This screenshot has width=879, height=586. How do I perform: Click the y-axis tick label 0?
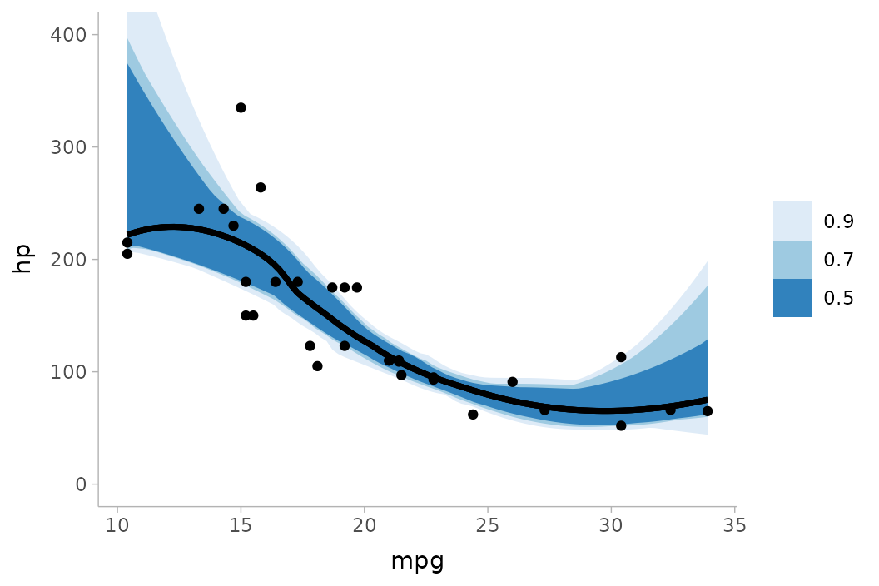pos(81,484)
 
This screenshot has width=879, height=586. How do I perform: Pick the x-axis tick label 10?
pos(117,525)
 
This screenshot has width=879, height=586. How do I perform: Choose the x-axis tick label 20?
pos(364,525)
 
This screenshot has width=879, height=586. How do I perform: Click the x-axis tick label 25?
pos(488,525)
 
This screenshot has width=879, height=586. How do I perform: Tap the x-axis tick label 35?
pos(734,525)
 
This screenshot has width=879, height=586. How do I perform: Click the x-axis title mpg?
pos(417,561)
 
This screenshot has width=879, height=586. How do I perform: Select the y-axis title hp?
pos(22,259)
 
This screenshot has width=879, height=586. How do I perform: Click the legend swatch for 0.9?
pos(792,221)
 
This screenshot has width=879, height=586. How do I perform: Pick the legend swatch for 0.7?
pos(792,260)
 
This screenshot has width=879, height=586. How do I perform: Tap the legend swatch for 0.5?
pos(792,298)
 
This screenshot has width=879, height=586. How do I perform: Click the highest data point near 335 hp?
pos(241,107)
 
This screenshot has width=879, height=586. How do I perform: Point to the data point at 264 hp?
pos(261,187)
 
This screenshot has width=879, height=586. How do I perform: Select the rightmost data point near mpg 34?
pos(708,411)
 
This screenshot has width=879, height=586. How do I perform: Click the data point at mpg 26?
pos(512,382)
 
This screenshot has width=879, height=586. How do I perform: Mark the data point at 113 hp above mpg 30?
pos(621,357)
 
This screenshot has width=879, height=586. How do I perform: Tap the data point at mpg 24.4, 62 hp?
pos(473,415)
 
